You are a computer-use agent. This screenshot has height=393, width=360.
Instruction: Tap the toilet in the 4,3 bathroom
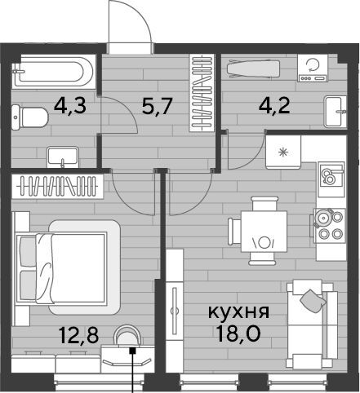click(x=30, y=117)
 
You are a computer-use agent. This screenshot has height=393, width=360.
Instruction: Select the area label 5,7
click(x=158, y=106)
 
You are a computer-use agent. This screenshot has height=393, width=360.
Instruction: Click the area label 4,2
click(x=274, y=105)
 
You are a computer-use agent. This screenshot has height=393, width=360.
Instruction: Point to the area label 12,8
click(x=78, y=335)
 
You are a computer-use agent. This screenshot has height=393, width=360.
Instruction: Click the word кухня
click(x=238, y=311)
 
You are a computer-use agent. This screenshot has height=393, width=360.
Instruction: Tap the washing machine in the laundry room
click(x=313, y=68)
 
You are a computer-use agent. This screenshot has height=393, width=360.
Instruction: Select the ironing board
click(x=253, y=68)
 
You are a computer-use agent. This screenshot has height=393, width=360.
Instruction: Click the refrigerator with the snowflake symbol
click(x=283, y=152)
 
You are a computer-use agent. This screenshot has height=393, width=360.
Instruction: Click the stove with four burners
click(x=329, y=225)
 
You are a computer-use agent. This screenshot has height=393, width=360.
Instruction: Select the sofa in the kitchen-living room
click(x=313, y=325)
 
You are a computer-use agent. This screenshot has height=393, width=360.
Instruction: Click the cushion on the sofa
click(x=313, y=301)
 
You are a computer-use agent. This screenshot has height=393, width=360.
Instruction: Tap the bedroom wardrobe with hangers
click(x=57, y=186)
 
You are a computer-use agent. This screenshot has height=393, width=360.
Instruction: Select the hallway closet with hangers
click(x=202, y=93)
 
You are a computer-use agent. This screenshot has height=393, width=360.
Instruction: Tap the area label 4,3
click(x=70, y=105)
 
